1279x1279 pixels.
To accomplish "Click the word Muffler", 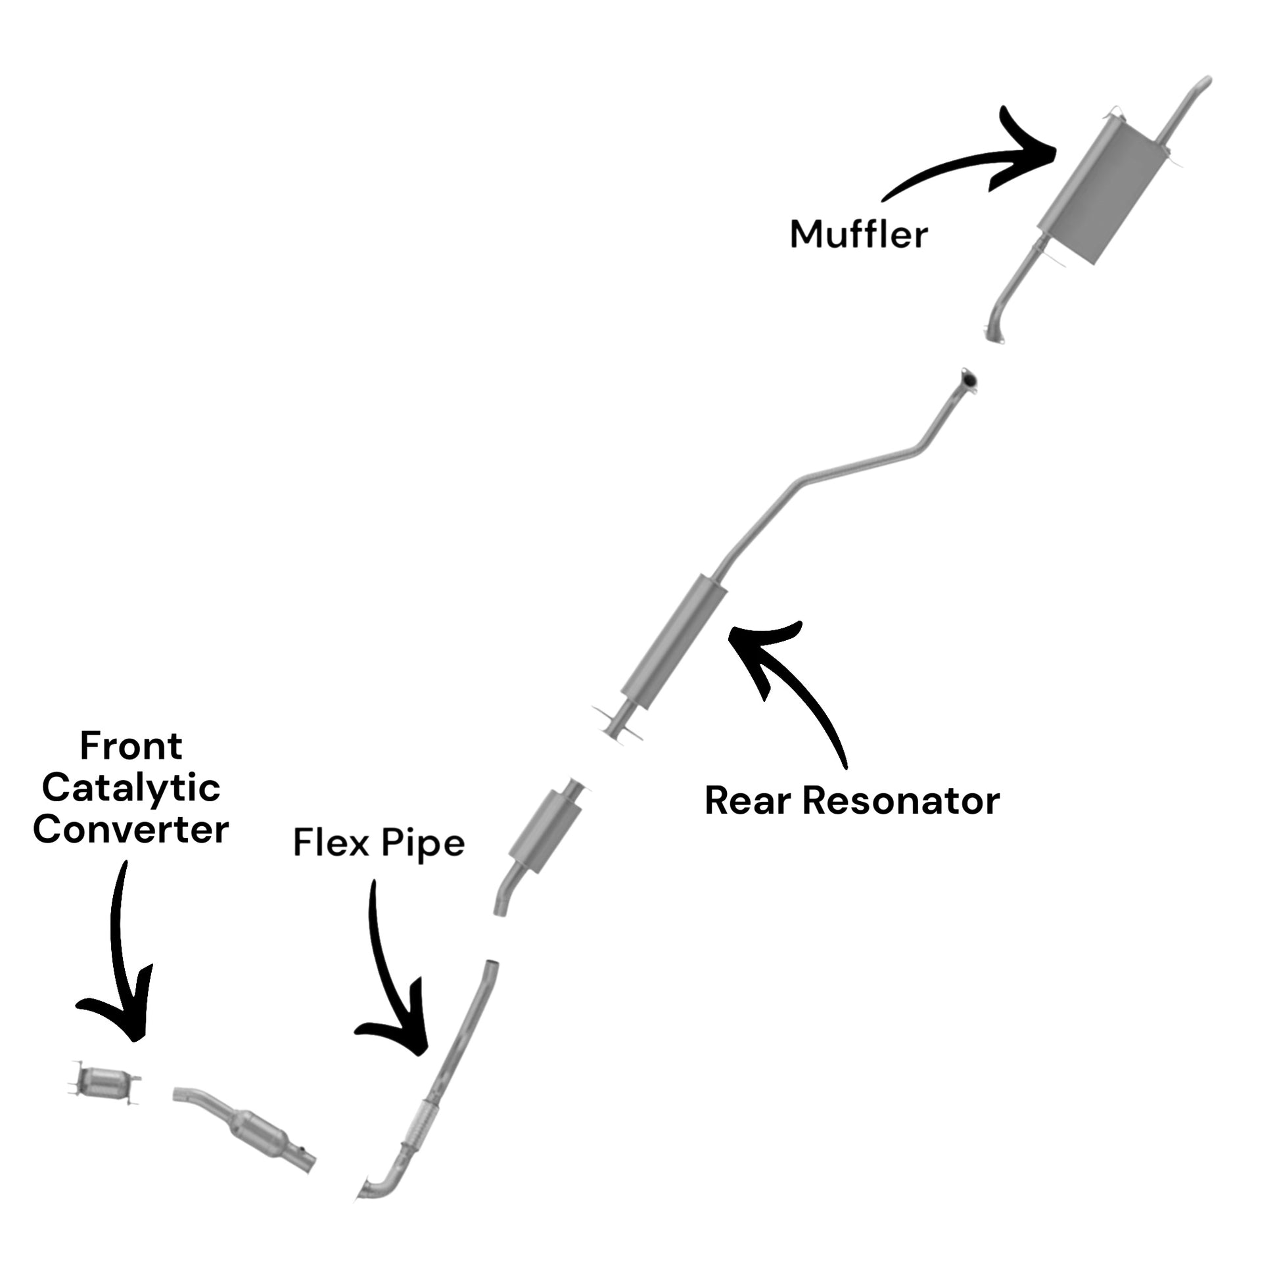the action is point(858,234).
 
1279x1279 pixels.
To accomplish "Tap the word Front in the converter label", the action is point(131,746).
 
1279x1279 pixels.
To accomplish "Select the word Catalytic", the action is point(131,788).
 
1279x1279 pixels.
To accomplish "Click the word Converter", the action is point(131,829).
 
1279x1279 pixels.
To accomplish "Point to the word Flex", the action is point(331,843).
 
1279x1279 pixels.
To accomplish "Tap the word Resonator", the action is point(901,801).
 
